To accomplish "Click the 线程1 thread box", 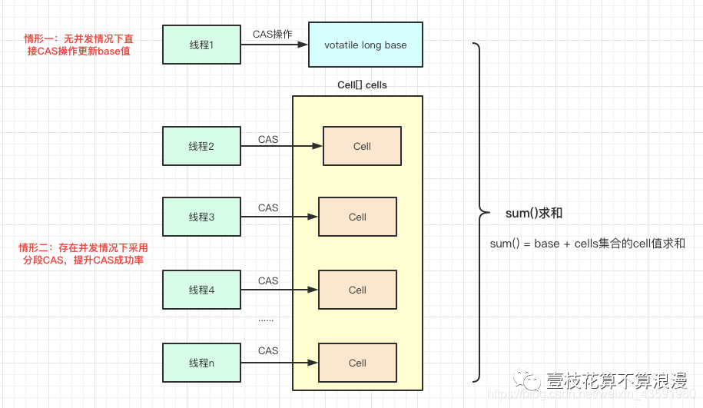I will click(201, 45).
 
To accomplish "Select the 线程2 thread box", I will click(201, 146).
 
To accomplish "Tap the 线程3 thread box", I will click(201, 217).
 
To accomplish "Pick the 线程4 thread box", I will click(201, 290).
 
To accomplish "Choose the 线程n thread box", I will click(201, 362).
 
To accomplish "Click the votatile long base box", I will click(366, 45).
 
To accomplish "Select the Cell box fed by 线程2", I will click(362, 146).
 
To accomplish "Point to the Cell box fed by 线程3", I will click(357, 217).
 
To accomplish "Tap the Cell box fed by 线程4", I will click(357, 290).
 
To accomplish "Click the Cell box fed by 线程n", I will click(357, 363).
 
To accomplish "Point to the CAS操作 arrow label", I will click(273, 34).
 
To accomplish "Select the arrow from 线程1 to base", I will click(274, 45).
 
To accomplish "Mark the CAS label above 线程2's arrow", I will click(268, 139).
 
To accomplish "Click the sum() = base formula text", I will click(587, 243).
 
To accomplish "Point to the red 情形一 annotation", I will click(78, 45).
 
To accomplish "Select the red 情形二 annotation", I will click(82, 254).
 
